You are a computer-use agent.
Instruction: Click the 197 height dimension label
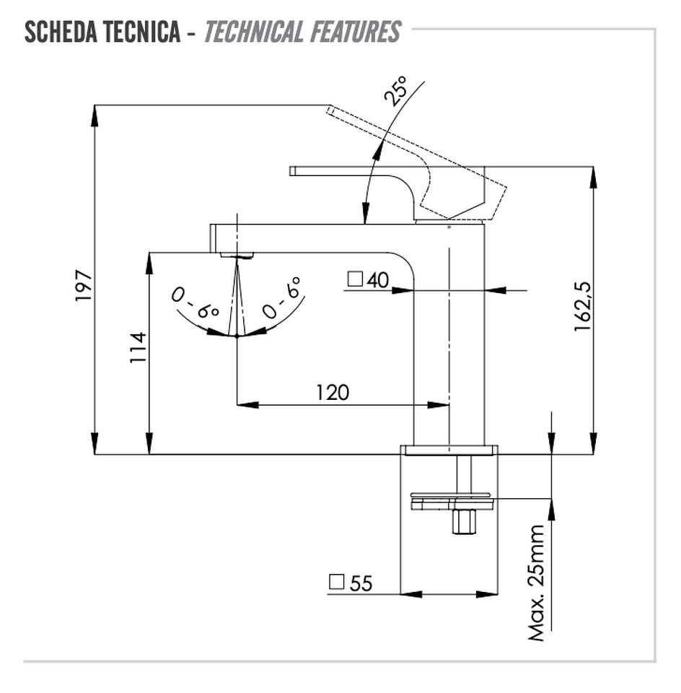pos(84,286)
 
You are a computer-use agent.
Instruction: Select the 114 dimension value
pos(138,348)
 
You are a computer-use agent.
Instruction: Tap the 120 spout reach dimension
pos(333,393)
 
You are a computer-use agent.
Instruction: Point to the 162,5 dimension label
pos(582,306)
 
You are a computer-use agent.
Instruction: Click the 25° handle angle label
pos(395,91)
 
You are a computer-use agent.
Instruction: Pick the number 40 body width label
pos(377,280)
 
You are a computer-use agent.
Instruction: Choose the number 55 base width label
pos(361,583)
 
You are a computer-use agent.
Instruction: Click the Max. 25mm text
pos(537,583)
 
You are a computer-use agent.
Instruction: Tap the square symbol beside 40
pos(355,279)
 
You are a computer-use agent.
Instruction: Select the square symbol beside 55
pos(336,582)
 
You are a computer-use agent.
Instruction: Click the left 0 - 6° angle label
pos(195,302)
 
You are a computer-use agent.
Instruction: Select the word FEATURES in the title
pos(356,32)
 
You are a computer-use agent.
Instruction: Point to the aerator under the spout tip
pos(237,256)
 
